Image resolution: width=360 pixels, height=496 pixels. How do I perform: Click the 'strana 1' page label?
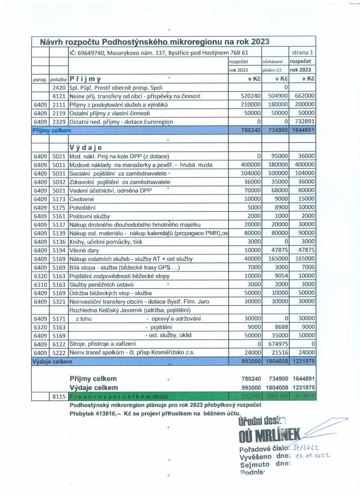tap(302, 52)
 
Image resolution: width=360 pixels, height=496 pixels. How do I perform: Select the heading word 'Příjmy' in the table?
tap(85, 78)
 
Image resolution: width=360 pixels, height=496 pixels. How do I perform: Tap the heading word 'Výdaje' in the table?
tap(85, 147)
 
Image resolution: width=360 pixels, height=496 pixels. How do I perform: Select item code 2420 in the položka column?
tap(59, 87)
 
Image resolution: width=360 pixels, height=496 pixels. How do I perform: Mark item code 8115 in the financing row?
tap(59, 396)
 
